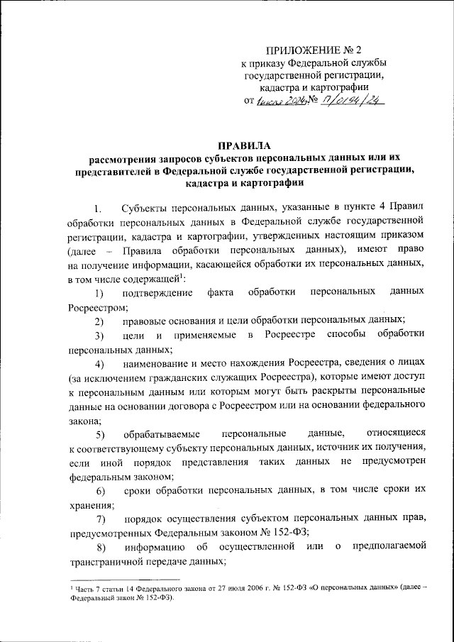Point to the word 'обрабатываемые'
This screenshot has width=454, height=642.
(x=160, y=433)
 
